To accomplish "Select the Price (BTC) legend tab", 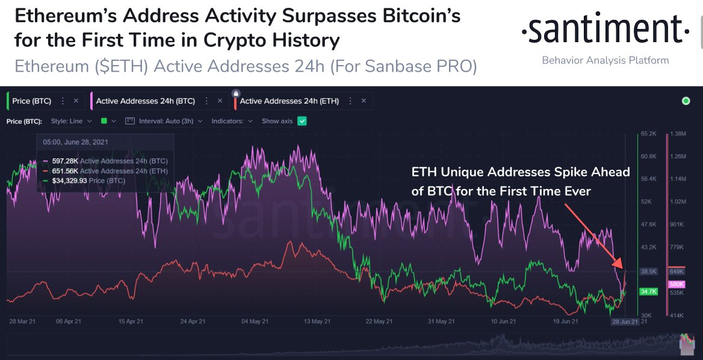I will tap(31, 101).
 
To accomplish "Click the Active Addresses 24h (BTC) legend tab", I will tap(145, 101).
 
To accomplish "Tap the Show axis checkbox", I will tap(302, 121).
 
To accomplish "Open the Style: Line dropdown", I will tap(71, 121).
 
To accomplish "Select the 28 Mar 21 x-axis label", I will tap(22, 321).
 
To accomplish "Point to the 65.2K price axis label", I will tap(648, 134).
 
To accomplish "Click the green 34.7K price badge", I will tap(648, 291).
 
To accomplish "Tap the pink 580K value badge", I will tap(677, 284).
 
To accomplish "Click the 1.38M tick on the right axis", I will tap(678, 134).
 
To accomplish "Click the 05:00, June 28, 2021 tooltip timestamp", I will tap(76, 142).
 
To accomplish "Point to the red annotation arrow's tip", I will tap(621, 266).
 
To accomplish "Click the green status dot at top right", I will tap(686, 101).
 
